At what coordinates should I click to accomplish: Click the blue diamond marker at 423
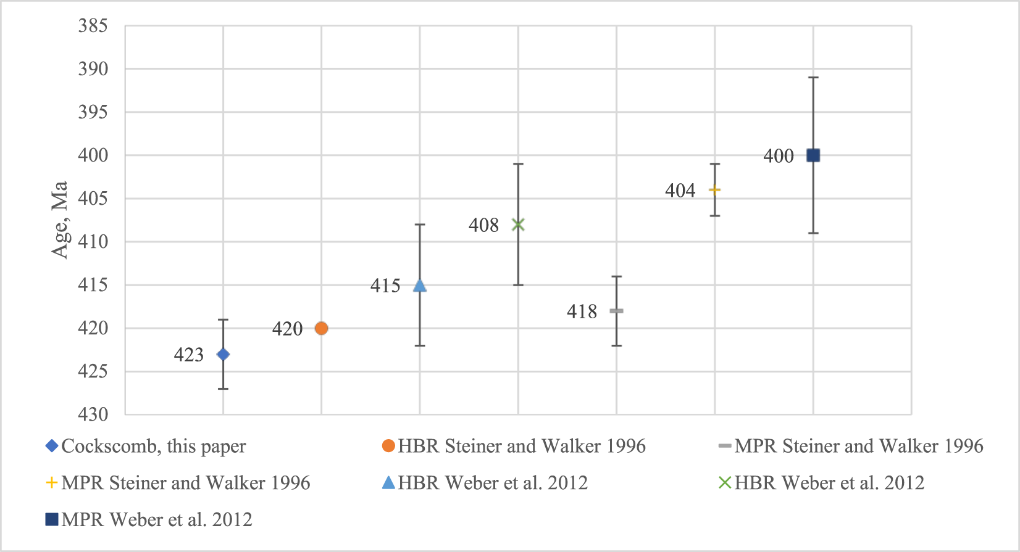223,354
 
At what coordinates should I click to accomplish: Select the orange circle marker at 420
321,328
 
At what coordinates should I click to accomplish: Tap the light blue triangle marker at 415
420,285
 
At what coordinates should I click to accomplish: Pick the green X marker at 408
518,225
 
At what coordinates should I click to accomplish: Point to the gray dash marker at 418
616,311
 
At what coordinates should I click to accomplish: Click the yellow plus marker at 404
714,189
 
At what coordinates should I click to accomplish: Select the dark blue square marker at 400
813,155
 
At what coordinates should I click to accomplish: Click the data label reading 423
188,355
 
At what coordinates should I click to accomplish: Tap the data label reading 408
483,226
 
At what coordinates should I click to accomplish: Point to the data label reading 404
680,191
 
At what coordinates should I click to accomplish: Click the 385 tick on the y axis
93,26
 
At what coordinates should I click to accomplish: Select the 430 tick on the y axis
93,414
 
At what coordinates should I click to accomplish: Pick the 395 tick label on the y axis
93,112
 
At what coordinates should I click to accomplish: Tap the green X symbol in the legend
725,483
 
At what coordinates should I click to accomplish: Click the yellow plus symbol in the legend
52,483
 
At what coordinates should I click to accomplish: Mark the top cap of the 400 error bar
813,78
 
